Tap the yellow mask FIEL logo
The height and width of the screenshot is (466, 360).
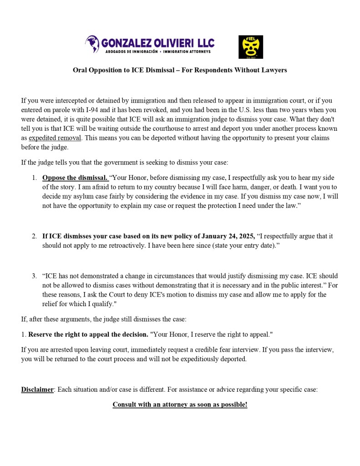coord(251,47)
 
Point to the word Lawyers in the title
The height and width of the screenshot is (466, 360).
coord(274,70)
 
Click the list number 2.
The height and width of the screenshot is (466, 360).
coord(34,236)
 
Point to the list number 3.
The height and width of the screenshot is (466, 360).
coord(34,276)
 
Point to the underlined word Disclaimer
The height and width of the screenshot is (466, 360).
coord(37,389)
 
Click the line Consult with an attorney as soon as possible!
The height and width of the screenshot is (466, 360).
coord(180,405)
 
